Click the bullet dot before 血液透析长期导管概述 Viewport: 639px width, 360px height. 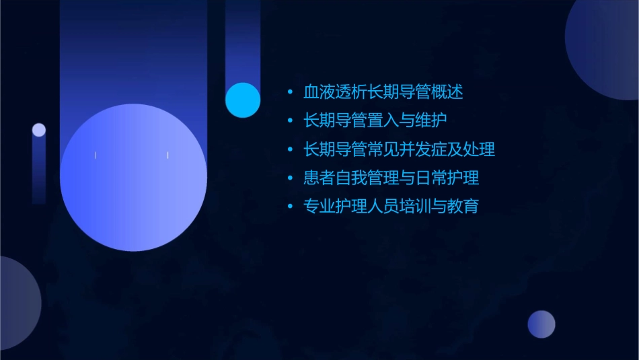point(290,92)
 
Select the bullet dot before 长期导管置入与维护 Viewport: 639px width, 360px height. point(290,121)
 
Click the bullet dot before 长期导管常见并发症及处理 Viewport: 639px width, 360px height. point(290,149)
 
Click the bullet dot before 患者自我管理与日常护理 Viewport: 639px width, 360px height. point(290,178)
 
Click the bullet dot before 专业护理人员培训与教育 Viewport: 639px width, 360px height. point(290,207)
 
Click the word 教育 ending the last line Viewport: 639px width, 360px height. point(463,207)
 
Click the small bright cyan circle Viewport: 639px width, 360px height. point(243,100)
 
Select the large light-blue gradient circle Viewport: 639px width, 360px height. point(133,178)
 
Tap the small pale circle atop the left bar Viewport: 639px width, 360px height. point(39,130)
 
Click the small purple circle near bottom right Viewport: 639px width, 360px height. point(541,324)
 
